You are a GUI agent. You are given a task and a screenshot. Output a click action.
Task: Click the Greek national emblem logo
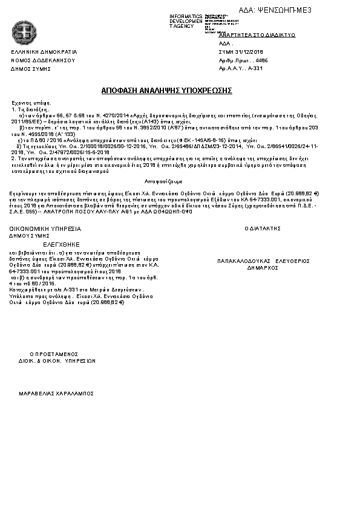(25, 31)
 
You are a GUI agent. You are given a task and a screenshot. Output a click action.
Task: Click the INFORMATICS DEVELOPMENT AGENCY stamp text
(186, 21)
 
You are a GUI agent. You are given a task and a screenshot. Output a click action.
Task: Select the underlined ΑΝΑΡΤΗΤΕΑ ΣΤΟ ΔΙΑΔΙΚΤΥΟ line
(257, 35)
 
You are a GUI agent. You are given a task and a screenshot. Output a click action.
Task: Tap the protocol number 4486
(262, 61)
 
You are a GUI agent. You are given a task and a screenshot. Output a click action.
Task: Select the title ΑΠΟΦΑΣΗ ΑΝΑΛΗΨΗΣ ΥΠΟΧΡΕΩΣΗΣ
(166, 90)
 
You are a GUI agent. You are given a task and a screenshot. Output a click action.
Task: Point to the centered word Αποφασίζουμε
(163, 181)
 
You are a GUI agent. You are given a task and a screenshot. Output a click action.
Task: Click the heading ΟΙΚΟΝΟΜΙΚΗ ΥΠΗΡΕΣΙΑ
(45, 229)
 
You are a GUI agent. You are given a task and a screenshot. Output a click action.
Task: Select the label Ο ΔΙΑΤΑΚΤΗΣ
(263, 229)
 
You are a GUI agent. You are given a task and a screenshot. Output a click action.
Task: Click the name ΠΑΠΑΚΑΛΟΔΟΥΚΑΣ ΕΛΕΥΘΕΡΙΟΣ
(263, 261)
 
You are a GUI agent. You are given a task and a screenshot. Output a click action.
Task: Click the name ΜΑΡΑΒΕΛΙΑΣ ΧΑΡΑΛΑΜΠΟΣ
(56, 392)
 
